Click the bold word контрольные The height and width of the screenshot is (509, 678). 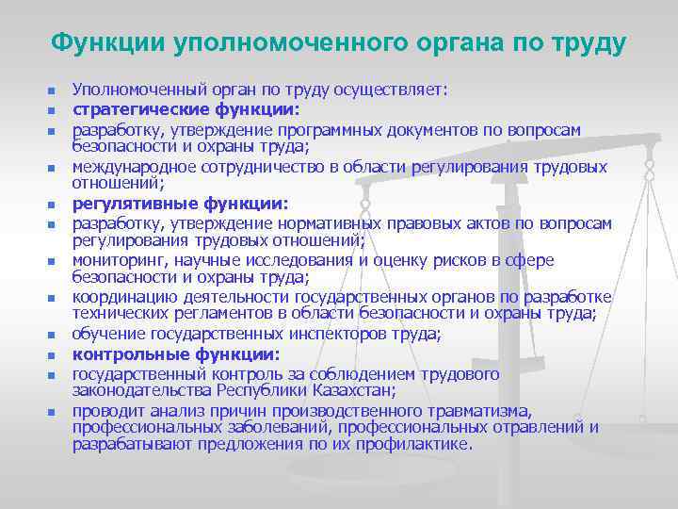[128, 355]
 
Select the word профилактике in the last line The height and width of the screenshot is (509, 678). [419, 444]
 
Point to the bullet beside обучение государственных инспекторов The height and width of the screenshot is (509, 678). [52, 337]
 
